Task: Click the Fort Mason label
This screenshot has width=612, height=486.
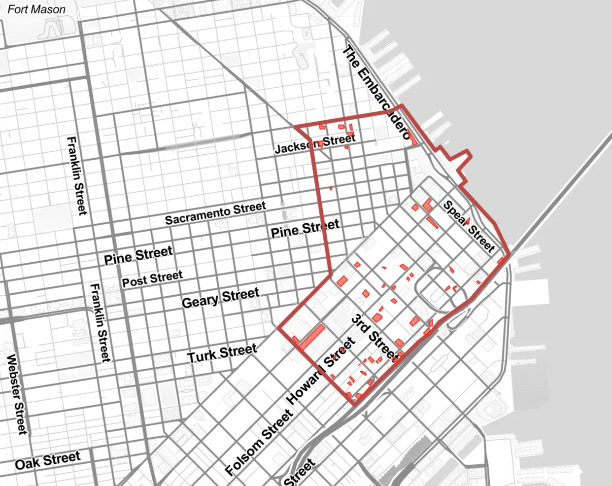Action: click(x=36, y=9)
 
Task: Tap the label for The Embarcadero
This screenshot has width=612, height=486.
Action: click(x=377, y=92)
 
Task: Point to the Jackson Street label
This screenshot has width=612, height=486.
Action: click(x=315, y=143)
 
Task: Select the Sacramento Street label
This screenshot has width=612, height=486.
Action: click(x=215, y=213)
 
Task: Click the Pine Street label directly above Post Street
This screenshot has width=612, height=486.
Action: click(x=138, y=255)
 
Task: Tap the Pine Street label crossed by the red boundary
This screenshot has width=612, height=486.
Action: click(x=305, y=229)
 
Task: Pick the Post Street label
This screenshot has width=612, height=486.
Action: click(x=152, y=278)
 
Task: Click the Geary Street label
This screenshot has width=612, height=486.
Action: click(x=220, y=298)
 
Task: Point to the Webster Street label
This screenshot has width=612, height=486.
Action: click(x=16, y=394)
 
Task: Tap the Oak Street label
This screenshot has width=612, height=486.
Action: click(x=47, y=461)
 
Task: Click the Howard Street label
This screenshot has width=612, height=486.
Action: click(x=321, y=371)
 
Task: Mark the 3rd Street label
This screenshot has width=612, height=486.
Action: click(x=374, y=338)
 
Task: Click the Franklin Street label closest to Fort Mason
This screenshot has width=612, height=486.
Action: click(x=77, y=175)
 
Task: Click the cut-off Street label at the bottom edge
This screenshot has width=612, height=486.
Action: click(x=299, y=473)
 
